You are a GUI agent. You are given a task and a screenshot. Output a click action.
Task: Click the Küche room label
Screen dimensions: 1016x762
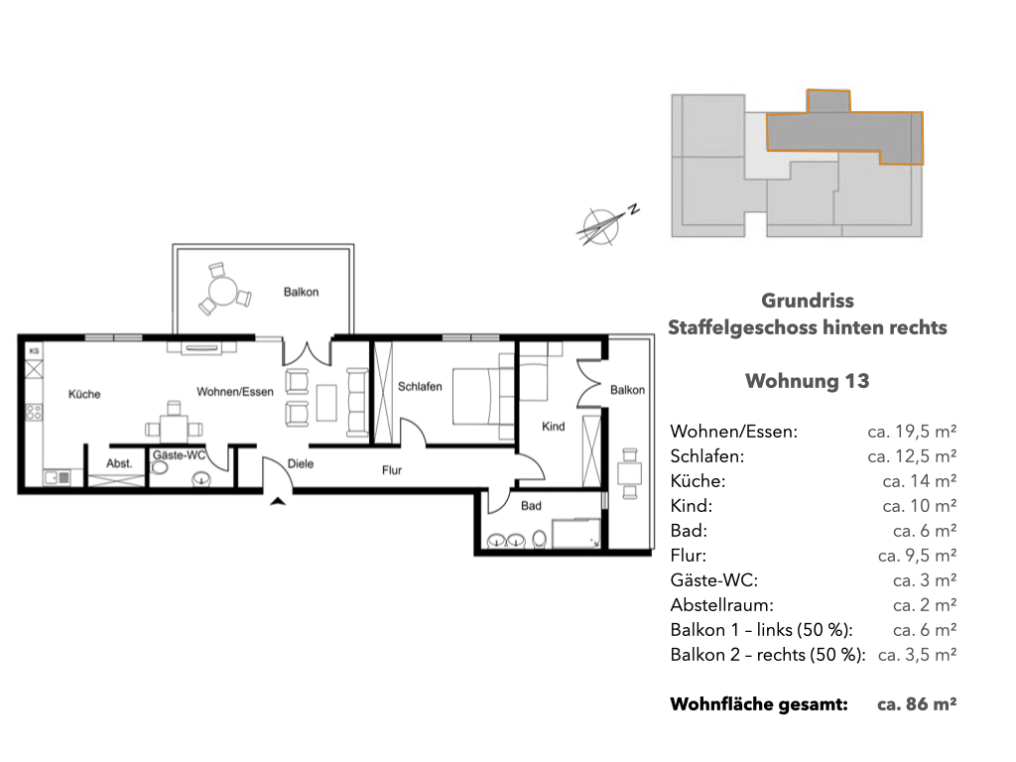(x=84, y=394)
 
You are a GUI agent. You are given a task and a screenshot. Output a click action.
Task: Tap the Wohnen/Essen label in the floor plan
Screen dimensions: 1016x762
(x=235, y=391)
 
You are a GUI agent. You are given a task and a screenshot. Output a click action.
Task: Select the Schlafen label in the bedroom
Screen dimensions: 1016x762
(x=420, y=386)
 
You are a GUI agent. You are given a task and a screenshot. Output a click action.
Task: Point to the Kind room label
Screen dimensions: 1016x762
(x=554, y=427)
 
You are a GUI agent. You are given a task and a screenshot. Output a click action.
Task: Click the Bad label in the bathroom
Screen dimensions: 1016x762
(x=531, y=506)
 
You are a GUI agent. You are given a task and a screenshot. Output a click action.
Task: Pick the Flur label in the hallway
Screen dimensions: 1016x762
(x=391, y=470)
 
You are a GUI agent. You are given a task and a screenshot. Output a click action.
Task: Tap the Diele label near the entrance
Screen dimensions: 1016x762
(x=301, y=464)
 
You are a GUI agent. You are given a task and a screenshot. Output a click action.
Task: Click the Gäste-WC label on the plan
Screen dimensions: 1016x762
(x=179, y=455)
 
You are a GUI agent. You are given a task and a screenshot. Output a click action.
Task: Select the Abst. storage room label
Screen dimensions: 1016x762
(x=119, y=463)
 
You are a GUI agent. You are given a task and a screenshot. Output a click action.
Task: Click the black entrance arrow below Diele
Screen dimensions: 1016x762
(x=278, y=500)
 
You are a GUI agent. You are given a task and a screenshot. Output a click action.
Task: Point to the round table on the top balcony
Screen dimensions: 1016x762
(x=223, y=291)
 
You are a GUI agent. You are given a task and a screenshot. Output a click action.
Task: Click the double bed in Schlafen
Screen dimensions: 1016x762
(x=483, y=396)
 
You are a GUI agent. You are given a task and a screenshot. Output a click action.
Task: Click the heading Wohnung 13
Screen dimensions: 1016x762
(x=808, y=380)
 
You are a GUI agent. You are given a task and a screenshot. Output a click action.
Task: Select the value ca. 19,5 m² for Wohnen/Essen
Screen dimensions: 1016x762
(x=912, y=432)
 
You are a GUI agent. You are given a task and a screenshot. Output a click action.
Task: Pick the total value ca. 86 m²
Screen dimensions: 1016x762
(x=917, y=704)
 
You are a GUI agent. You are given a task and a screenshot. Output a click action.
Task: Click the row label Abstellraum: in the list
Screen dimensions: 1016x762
(x=722, y=605)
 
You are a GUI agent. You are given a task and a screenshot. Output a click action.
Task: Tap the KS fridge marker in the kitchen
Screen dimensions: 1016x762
(x=35, y=350)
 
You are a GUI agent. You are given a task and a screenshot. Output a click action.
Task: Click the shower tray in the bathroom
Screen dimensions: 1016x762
(x=575, y=533)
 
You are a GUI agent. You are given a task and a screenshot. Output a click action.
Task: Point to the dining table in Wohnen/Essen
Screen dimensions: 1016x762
(x=174, y=428)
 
